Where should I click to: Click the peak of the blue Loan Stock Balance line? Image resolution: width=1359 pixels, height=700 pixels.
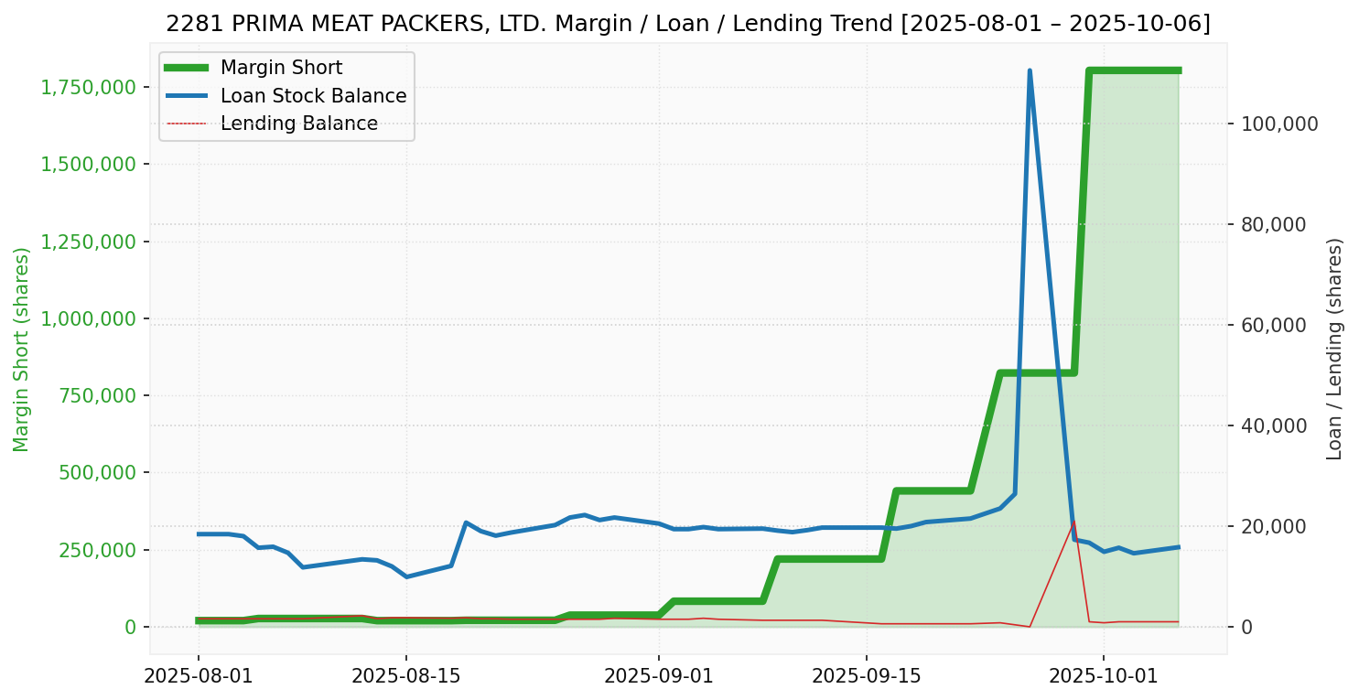(1030, 71)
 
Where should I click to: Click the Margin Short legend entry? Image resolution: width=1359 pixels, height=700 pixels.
(281, 68)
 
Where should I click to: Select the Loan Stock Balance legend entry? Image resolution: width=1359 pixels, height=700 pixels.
(313, 96)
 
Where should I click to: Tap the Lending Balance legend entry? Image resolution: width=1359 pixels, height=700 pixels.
(298, 124)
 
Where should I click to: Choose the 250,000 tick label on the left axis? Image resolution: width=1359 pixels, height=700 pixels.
(92, 550)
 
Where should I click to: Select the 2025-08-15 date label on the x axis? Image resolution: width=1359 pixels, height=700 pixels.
(405, 678)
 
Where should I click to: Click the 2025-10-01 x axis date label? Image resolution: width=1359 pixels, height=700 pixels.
(1103, 678)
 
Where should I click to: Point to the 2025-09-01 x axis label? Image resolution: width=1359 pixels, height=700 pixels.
(658, 678)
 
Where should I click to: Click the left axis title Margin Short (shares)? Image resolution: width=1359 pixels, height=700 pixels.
(22, 350)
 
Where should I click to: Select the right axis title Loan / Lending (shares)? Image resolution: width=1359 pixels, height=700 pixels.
(1335, 350)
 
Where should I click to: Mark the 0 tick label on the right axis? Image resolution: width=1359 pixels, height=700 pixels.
(1246, 627)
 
